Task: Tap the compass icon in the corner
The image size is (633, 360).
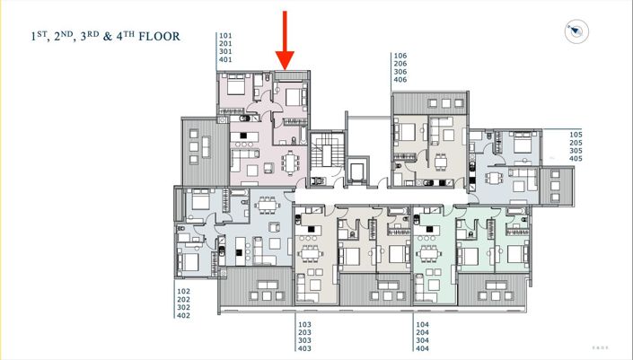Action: (x=576, y=31)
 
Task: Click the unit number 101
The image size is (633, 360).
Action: (x=225, y=36)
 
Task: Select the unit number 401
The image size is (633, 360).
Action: (x=225, y=60)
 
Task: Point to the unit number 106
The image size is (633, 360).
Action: (x=400, y=56)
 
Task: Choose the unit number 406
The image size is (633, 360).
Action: (x=400, y=80)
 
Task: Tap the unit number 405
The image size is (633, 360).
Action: (x=576, y=159)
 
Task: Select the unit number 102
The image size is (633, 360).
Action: (x=183, y=292)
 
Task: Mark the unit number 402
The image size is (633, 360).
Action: (x=183, y=316)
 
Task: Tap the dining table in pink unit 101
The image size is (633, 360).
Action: (x=290, y=162)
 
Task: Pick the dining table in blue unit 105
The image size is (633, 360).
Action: (x=520, y=176)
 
